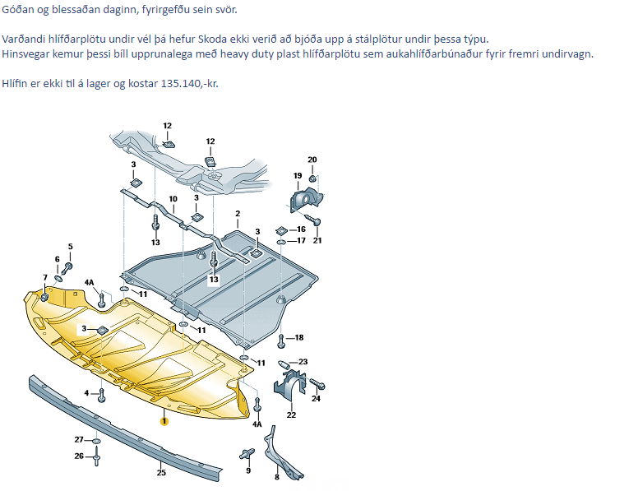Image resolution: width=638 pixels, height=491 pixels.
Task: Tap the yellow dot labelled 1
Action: click(164, 421)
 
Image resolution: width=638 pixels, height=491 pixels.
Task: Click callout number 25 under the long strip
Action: click(161, 472)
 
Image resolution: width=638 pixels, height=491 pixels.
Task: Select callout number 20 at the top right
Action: click(312, 160)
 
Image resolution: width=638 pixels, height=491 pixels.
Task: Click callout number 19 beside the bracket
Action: click(297, 176)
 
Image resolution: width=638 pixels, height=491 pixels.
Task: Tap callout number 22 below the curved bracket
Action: click(291, 415)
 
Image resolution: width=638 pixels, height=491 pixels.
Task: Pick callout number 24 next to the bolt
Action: click(316, 398)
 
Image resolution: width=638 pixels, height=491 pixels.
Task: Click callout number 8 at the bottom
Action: click(277, 477)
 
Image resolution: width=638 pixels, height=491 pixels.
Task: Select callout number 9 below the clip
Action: click(247, 470)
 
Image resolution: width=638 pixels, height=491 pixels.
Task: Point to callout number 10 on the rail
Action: click(173, 199)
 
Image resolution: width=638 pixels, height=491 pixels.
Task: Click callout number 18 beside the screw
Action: click(299, 337)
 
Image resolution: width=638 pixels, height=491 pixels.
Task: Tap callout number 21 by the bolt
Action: click(317, 240)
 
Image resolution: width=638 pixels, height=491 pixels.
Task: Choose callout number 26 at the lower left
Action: click(79, 456)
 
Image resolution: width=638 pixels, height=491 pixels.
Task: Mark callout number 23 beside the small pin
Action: click(303, 362)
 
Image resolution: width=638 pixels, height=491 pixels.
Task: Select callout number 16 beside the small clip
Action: click(301, 229)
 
